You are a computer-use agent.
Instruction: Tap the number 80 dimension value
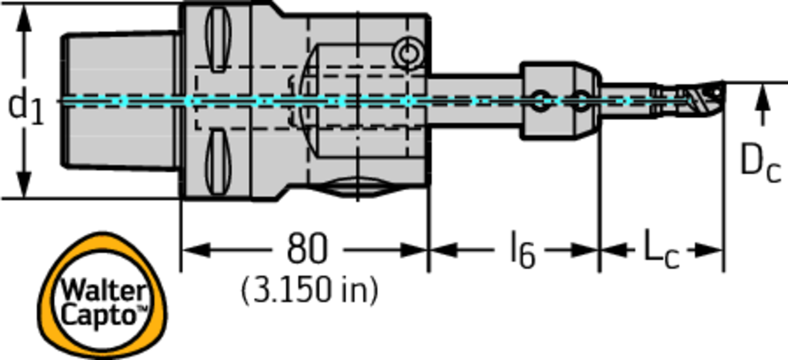point(306,249)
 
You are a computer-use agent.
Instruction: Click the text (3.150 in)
point(309,291)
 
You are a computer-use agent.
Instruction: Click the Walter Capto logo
point(104,295)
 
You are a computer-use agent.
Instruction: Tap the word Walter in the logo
point(104,291)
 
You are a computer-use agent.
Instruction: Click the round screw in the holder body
point(407,52)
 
